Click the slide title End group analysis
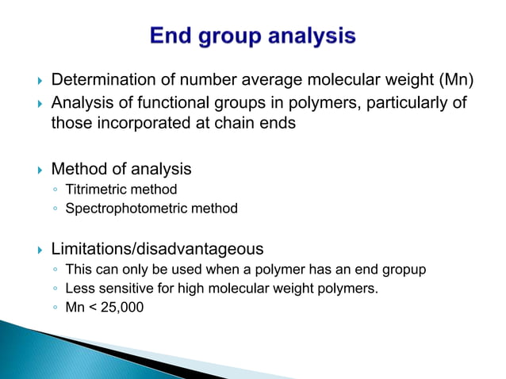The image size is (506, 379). (x=253, y=37)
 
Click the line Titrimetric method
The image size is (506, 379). (x=121, y=189)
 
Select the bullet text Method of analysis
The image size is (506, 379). (x=121, y=169)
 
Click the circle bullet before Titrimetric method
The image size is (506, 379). (x=54, y=190)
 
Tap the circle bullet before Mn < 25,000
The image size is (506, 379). (x=54, y=308)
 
